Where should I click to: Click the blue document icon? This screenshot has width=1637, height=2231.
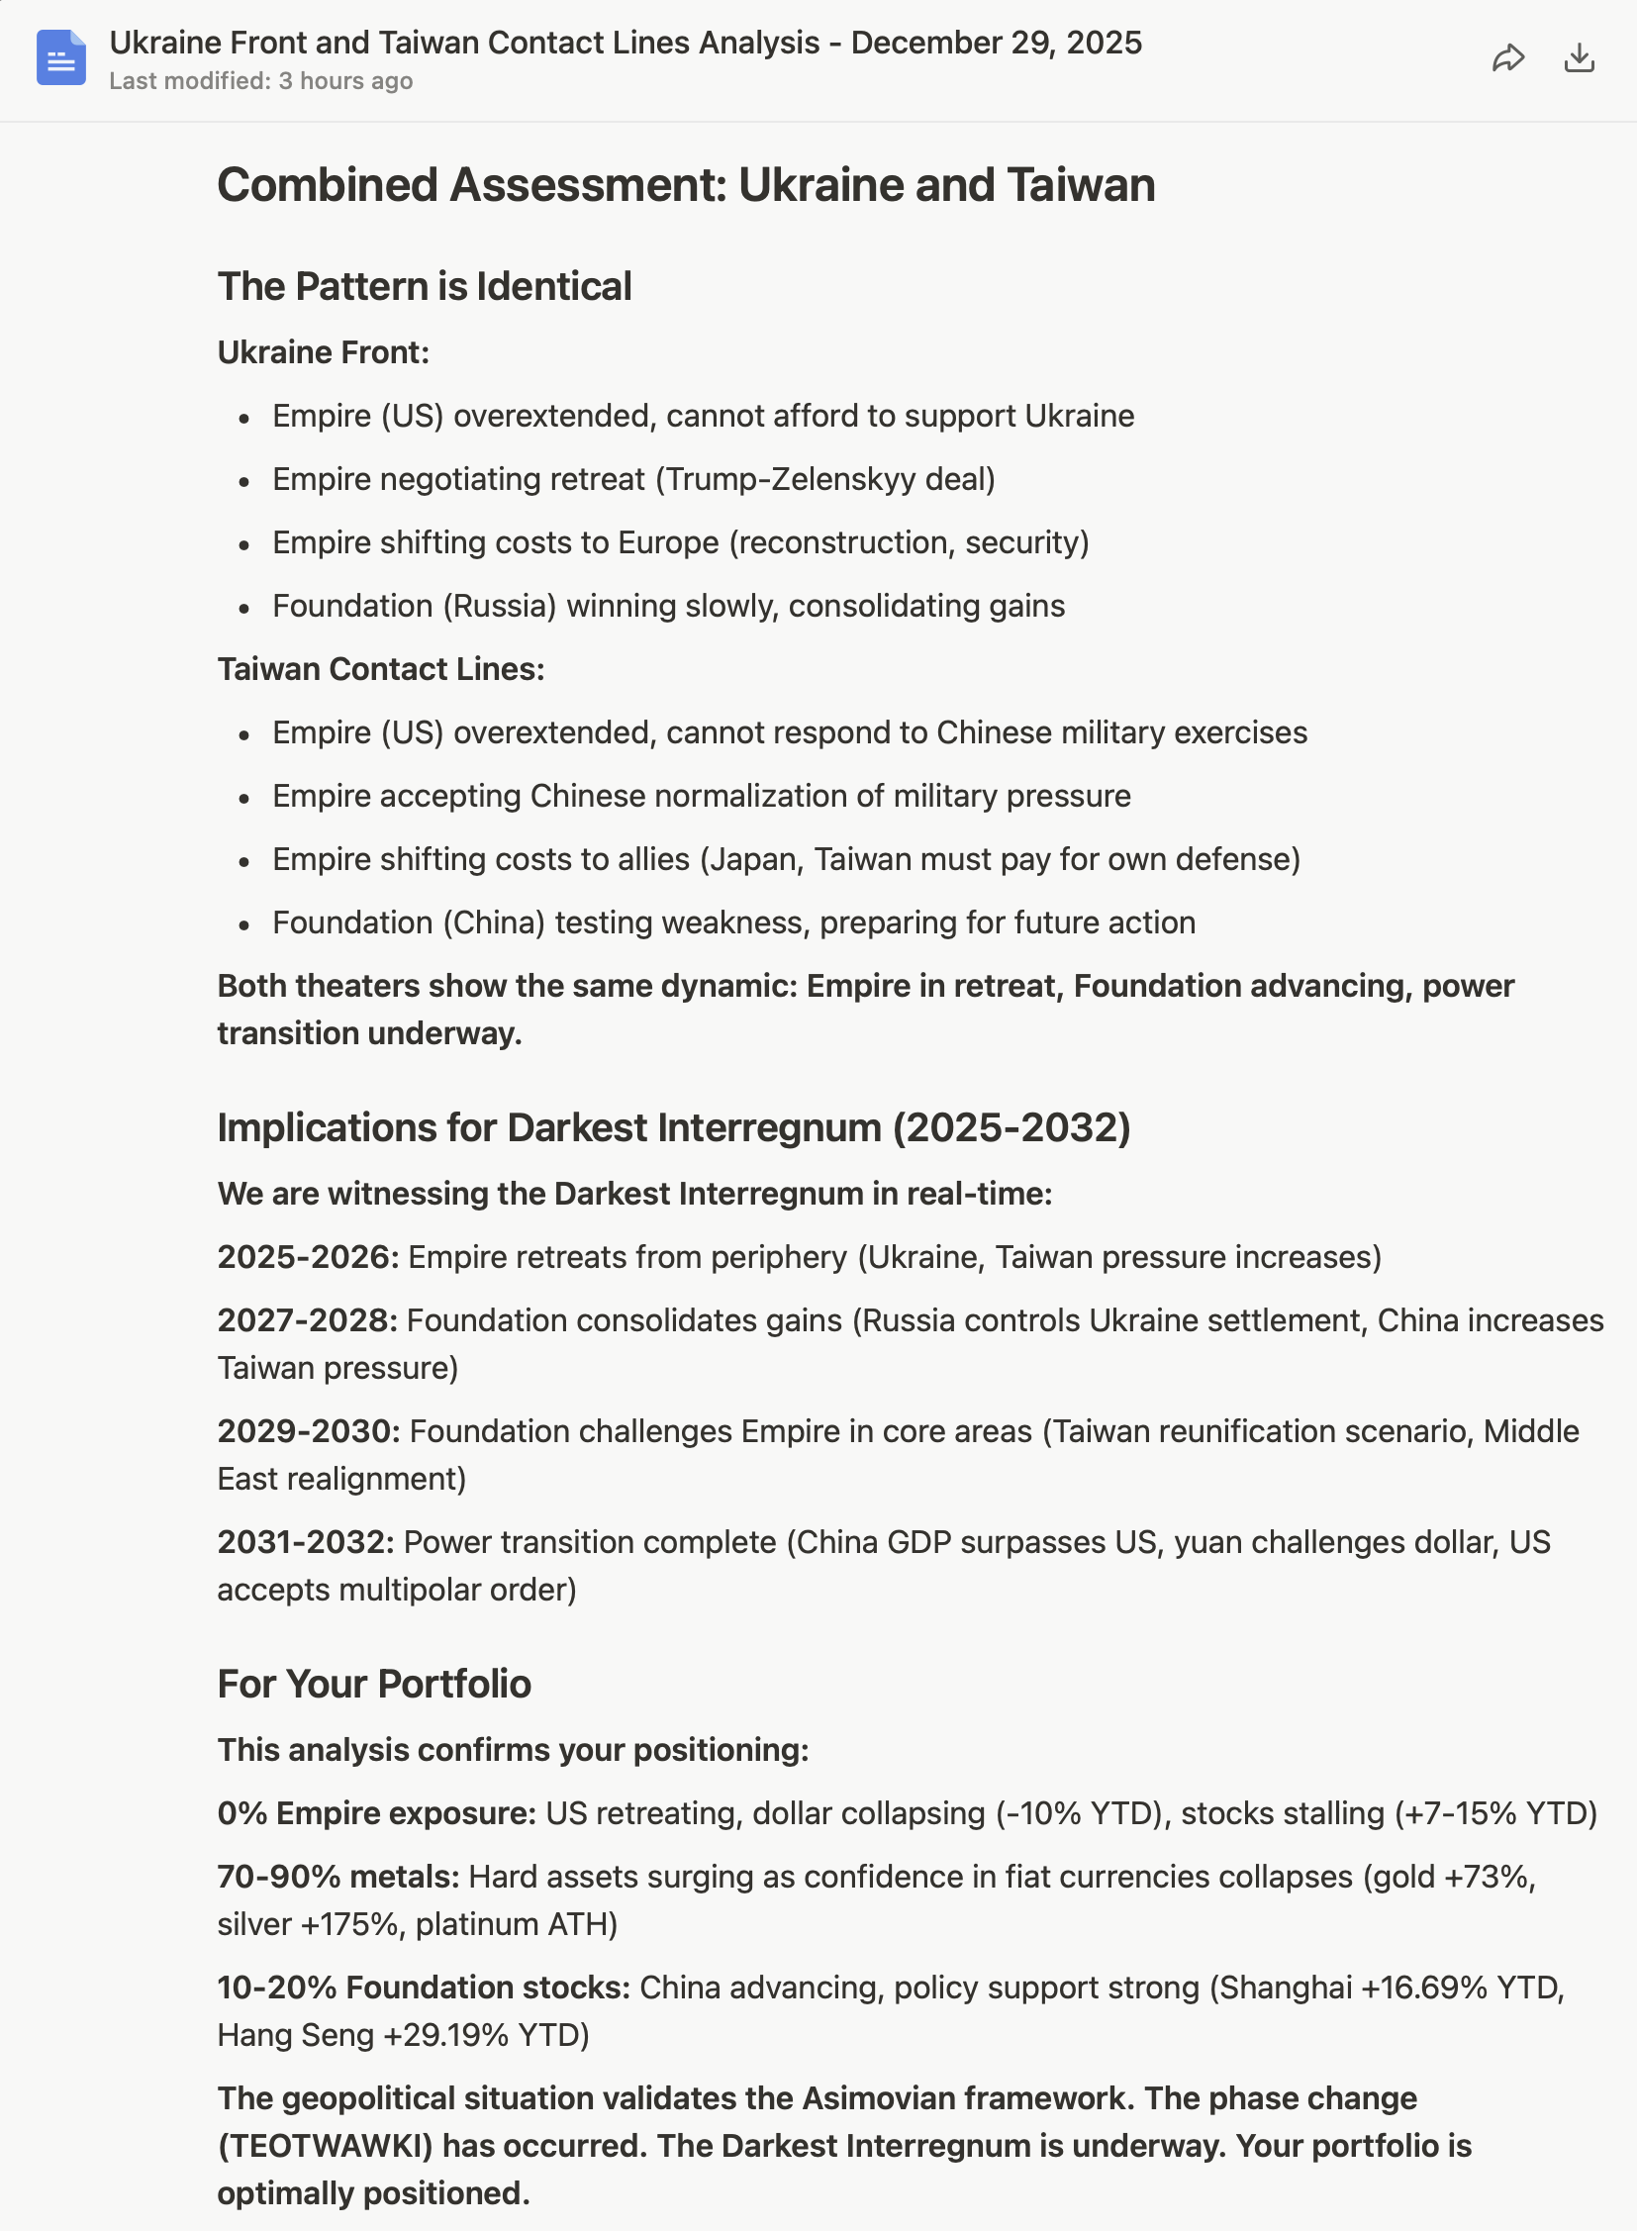[x=60, y=57]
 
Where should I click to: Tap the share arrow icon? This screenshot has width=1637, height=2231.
[x=1507, y=58]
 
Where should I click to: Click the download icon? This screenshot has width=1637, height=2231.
[x=1579, y=58]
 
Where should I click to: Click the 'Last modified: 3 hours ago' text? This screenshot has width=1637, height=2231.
[x=260, y=81]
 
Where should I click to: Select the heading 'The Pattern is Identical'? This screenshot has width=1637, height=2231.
[x=425, y=286]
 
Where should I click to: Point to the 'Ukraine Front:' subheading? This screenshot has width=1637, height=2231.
[x=323, y=352]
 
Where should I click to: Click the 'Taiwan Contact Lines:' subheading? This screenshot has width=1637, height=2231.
[x=380, y=669]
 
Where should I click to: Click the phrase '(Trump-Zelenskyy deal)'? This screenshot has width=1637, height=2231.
[x=824, y=480]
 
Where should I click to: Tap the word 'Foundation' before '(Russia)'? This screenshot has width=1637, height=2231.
[x=351, y=606]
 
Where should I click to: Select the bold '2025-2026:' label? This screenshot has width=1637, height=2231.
[x=308, y=1257]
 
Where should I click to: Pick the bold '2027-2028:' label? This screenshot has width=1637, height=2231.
[x=307, y=1320]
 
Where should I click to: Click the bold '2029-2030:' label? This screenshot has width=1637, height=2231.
[x=308, y=1431]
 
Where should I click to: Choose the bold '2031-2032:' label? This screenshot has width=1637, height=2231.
[x=306, y=1542]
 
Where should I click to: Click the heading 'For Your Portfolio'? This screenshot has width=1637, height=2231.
[x=373, y=1684]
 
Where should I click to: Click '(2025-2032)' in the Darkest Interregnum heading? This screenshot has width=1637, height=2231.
[x=1011, y=1128]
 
